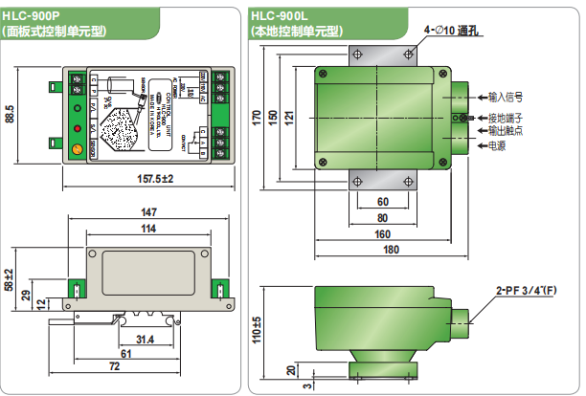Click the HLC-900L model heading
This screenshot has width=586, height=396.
(280, 15)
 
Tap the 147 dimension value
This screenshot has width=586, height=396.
(148, 212)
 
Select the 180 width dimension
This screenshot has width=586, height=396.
(391, 250)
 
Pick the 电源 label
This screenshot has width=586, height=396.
(497, 146)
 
